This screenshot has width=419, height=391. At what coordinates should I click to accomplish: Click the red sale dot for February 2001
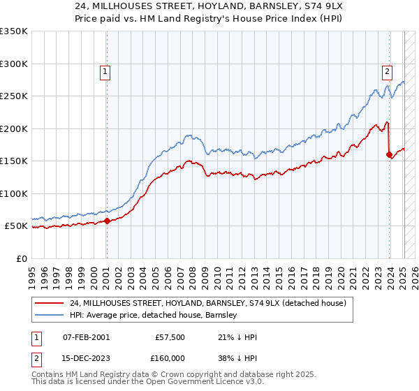(107, 221)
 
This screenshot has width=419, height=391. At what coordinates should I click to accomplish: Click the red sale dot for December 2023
(389, 155)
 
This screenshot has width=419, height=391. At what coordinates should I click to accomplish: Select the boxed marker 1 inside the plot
(104, 71)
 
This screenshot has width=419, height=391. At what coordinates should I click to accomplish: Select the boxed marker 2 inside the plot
(386, 71)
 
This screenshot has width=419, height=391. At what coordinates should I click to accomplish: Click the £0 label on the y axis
(21, 259)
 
